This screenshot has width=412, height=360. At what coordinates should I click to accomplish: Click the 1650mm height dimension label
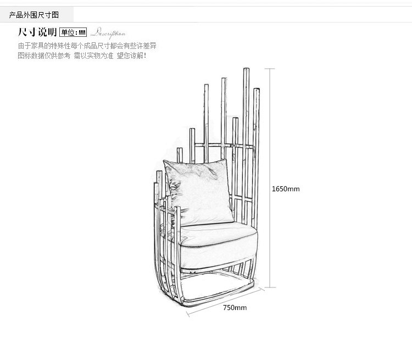point(286,189)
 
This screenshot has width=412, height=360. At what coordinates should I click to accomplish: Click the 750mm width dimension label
point(235,307)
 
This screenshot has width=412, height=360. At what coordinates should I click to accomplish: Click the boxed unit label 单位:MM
point(73,32)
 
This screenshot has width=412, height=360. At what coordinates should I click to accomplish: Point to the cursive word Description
point(108,32)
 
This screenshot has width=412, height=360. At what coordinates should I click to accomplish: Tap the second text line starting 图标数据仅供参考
point(82,56)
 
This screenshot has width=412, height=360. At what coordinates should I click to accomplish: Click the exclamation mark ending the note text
point(146,56)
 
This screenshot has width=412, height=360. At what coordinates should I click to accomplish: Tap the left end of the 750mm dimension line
point(188,315)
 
